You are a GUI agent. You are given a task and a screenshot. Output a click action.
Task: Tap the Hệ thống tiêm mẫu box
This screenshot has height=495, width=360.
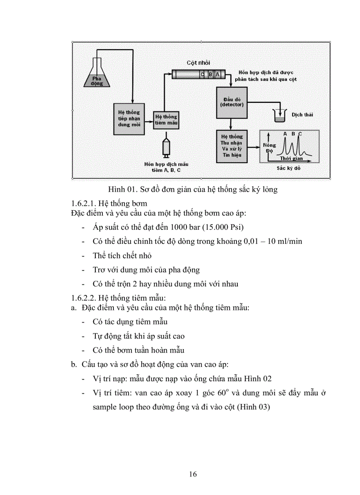pyautogui.click(x=166, y=120)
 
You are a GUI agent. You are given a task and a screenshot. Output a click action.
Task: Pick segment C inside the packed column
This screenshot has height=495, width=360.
pyautogui.click(x=202, y=74)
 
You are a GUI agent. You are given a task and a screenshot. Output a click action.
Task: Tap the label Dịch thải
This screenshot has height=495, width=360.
pyautogui.click(x=302, y=115)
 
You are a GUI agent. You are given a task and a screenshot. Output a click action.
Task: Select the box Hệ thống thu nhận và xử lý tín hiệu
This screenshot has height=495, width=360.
pyautogui.click(x=232, y=146)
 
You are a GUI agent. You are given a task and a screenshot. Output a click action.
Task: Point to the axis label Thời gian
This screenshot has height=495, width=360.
pyautogui.click(x=292, y=158)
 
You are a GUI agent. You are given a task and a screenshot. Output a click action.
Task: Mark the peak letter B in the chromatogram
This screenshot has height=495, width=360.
pyautogui.click(x=292, y=134)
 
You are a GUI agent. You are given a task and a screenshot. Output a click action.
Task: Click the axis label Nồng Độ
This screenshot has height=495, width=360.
pyautogui.click(x=269, y=148)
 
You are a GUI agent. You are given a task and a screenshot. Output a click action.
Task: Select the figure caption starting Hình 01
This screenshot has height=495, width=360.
pyautogui.click(x=193, y=190)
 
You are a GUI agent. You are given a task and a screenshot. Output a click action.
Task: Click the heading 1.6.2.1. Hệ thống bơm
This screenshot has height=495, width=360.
pyautogui.click(x=103, y=204)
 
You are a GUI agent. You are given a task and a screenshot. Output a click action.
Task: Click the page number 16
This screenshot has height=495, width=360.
pyautogui.click(x=192, y=474)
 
